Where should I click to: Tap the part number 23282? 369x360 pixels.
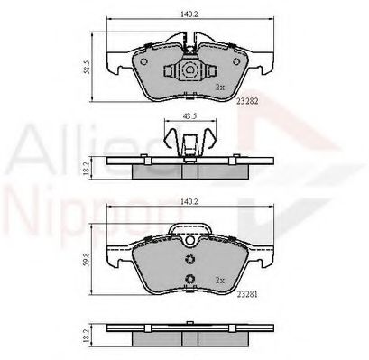point(246,103)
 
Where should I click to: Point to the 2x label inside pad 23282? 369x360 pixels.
point(219,88)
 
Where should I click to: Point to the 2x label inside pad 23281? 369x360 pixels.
point(220,279)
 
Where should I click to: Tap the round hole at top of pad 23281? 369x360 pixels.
point(189,240)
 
